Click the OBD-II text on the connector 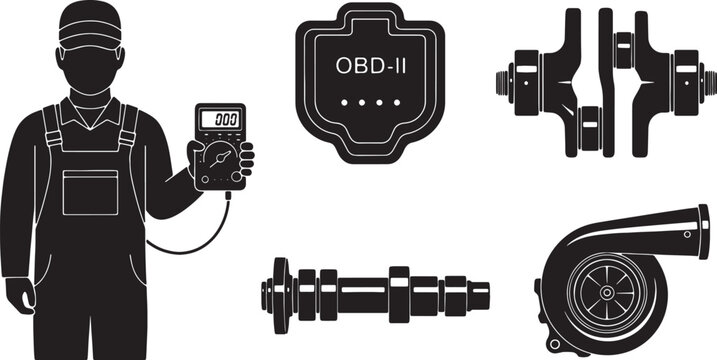[363, 66]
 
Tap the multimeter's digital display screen [219, 119]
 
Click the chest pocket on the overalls [90, 191]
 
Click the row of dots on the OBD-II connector [363, 103]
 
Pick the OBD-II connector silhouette [363, 130]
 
